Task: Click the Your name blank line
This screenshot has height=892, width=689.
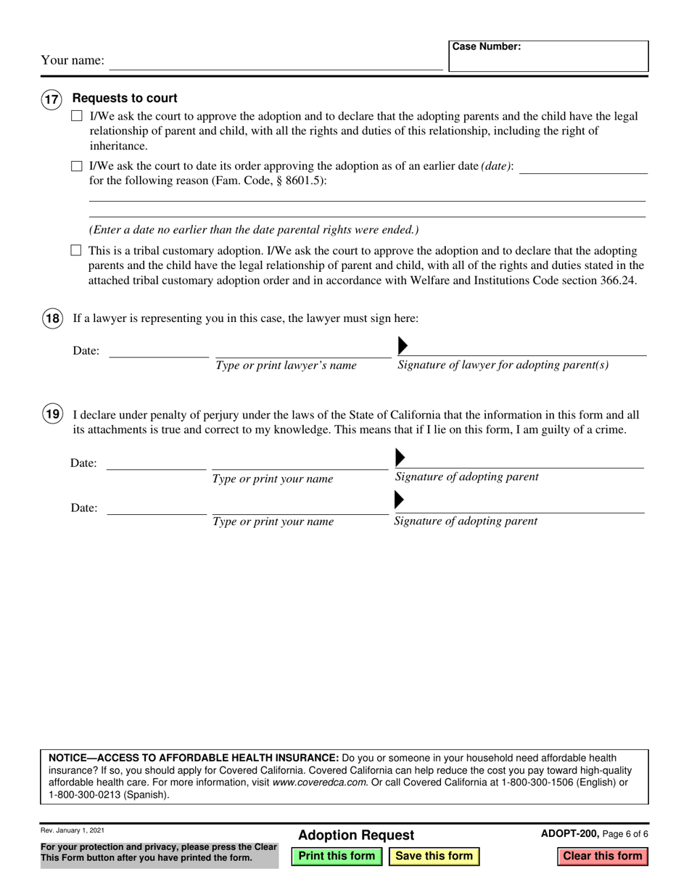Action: tap(276, 62)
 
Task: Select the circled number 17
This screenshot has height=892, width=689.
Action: tap(51, 101)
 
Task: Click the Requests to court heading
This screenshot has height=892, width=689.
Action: tap(125, 99)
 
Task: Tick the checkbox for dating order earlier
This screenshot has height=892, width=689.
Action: tap(76, 166)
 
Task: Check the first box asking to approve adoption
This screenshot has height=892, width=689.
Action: tap(76, 116)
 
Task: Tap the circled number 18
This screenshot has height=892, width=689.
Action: tap(52, 318)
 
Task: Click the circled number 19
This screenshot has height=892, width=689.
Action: tap(52, 415)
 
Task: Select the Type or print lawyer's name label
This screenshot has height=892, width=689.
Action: tap(286, 366)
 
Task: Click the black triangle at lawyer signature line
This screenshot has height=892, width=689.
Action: tap(403, 345)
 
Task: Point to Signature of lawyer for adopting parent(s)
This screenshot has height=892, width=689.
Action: tap(503, 365)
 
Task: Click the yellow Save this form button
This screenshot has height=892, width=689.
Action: tap(434, 856)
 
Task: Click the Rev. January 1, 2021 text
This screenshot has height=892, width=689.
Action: tap(73, 831)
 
